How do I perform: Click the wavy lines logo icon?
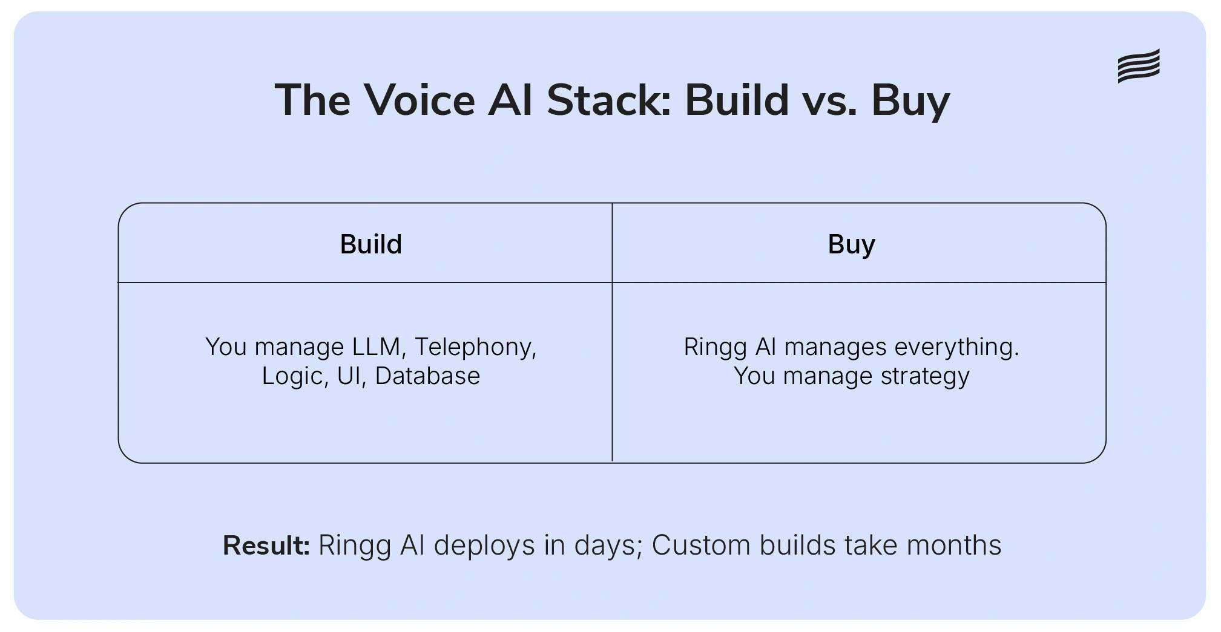pos(1138,66)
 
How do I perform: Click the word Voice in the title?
pos(419,100)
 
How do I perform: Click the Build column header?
pos(370,244)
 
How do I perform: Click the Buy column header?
pos(851,244)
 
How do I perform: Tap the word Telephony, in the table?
pos(476,347)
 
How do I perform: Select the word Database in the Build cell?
pos(427,376)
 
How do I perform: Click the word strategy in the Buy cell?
pos(925,376)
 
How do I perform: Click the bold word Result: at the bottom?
pos(266,546)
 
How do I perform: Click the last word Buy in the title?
pos(910,101)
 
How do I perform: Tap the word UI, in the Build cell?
pos(352,376)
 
